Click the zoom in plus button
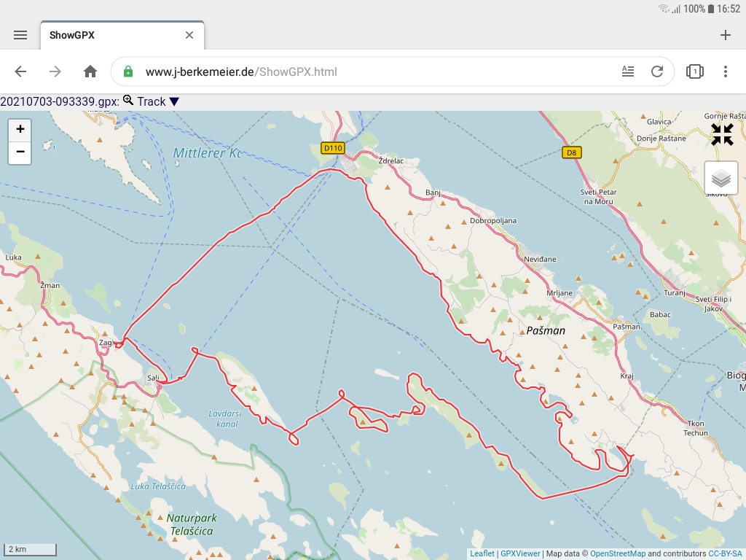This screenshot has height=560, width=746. pyautogui.click(x=20, y=129)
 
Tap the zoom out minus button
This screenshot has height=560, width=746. pyautogui.click(x=20, y=152)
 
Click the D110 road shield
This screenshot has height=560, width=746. pyautogui.click(x=333, y=148)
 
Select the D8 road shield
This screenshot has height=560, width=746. pyautogui.click(x=572, y=152)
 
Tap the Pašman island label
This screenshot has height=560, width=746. pyautogui.click(x=546, y=330)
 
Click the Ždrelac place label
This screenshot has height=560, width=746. pyautogui.click(x=390, y=160)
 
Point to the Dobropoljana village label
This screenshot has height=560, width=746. pyautogui.click(x=493, y=220)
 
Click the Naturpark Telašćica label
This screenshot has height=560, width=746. pyautogui.click(x=190, y=524)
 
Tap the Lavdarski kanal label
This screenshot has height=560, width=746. pyautogui.click(x=223, y=419)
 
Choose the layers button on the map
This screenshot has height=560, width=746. pyautogui.click(x=721, y=178)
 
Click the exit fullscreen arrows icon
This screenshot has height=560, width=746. pyautogui.click(x=722, y=134)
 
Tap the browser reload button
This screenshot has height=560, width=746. pyautogui.click(x=657, y=71)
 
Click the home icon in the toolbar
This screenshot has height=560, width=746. pyautogui.click(x=90, y=71)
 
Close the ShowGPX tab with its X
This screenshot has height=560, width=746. pyautogui.click(x=189, y=35)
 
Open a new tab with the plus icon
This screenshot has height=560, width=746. pyautogui.click(x=725, y=35)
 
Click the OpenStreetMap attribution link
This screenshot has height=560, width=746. pyautogui.click(x=617, y=553)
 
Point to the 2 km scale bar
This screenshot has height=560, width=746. pyautogui.click(x=30, y=549)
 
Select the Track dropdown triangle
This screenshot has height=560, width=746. pyautogui.click(x=174, y=102)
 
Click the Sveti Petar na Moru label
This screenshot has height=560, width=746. pyautogui.click(x=597, y=196)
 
